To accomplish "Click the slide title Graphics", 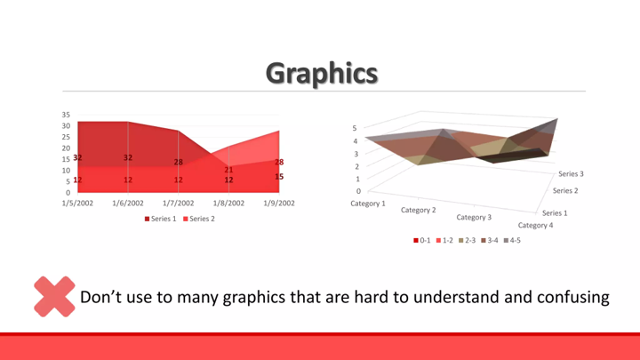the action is coord(322,74).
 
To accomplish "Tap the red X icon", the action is coord(54,296).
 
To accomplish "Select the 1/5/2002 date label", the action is coord(77,203).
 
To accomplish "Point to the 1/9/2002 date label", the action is coord(279,203).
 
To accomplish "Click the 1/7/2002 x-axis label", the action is coord(179,203).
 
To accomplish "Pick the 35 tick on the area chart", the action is coord(66,115).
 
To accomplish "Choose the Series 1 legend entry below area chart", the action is coord(160,219).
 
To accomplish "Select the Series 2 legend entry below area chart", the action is coord(199,219).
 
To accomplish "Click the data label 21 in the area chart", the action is coord(228,170).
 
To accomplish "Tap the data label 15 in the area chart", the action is coord(279,177).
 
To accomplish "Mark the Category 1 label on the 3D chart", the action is coord(368,204).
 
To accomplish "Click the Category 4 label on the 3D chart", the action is coord(535,225).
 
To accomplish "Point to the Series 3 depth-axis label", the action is coord(571,174).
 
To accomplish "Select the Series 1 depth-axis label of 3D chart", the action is coord(555,213).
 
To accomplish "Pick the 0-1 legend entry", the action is coord(422,240).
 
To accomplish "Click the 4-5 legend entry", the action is coord(512,240).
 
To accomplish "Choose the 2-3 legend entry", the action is coord(468,240).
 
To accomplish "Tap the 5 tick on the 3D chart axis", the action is coord(355,128).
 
